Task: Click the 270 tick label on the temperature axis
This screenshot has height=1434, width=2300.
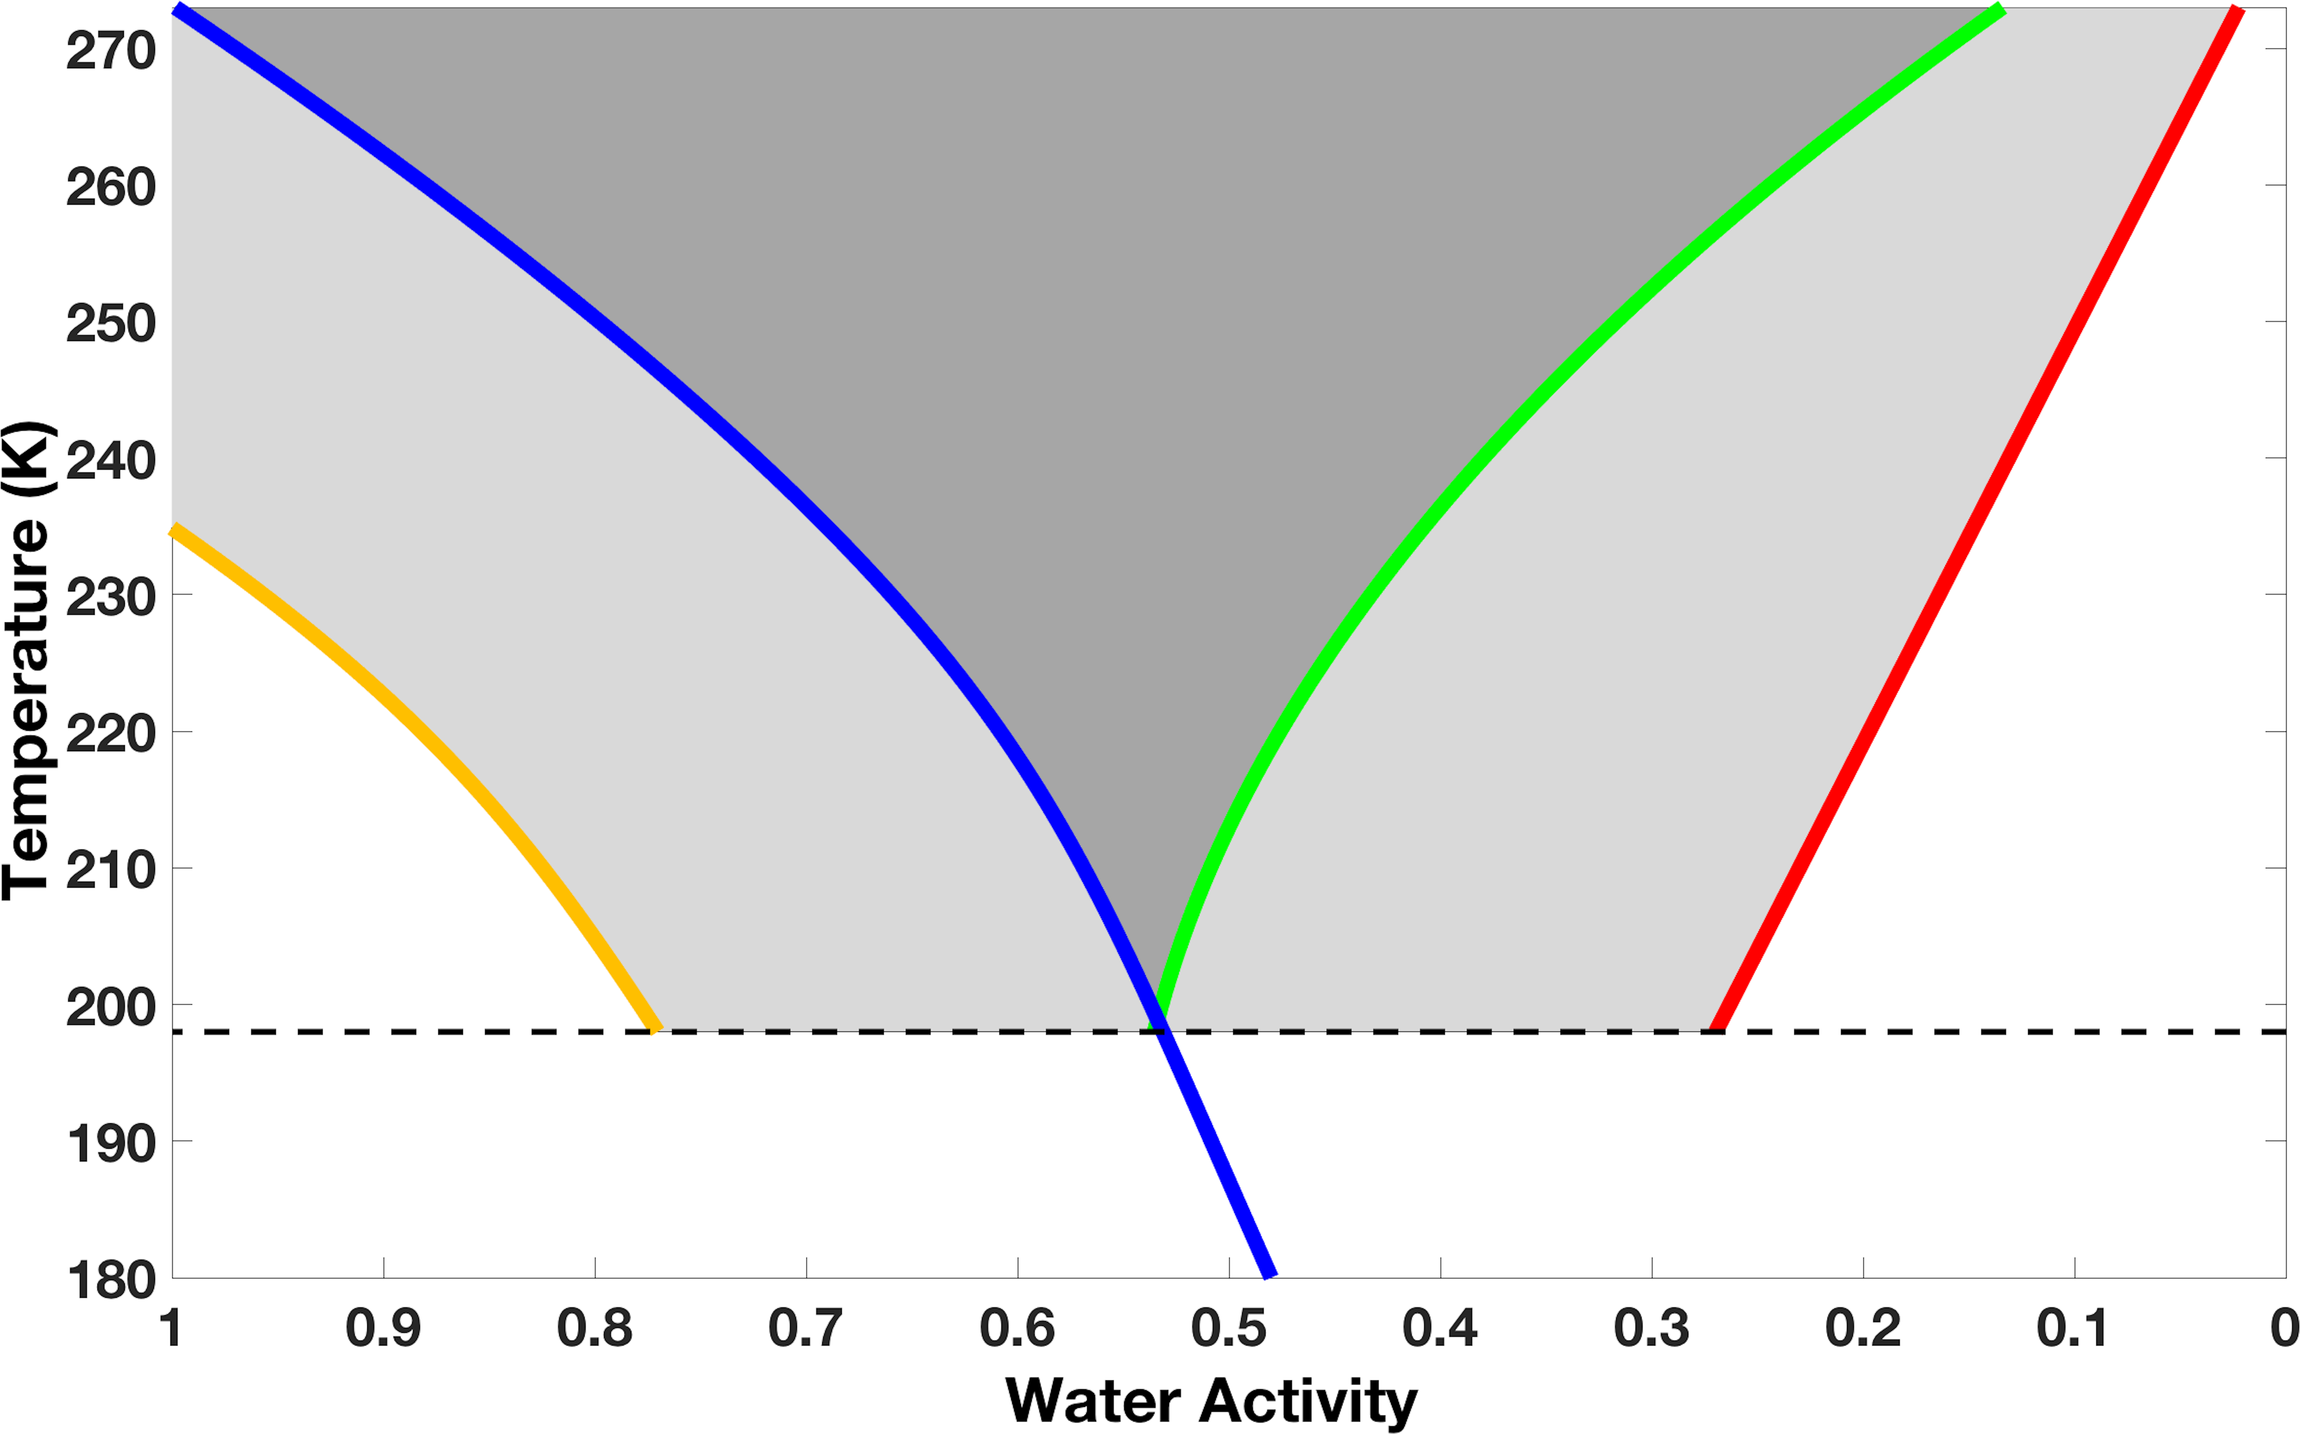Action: click(111, 51)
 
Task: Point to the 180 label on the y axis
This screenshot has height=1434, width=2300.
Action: click(111, 1280)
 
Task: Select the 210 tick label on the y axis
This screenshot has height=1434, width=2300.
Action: click(111, 871)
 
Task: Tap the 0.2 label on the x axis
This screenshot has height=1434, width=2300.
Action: click(1863, 1328)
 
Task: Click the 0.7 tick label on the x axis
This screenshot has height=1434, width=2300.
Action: click(806, 1328)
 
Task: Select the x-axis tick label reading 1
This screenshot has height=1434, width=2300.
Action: click(172, 1328)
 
